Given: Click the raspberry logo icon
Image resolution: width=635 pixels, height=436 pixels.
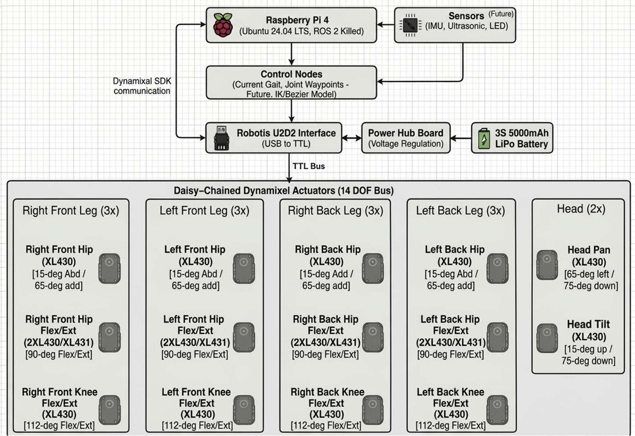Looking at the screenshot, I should (223, 25).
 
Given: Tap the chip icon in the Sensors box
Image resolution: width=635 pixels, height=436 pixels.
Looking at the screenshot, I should (410, 25).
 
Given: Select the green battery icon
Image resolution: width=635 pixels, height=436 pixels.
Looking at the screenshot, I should (484, 138).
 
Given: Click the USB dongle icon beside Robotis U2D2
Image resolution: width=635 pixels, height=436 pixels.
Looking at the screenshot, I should (221, 138).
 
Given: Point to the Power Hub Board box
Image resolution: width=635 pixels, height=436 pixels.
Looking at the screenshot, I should (406, 138).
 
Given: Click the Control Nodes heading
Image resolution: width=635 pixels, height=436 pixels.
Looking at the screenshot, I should (291, 74).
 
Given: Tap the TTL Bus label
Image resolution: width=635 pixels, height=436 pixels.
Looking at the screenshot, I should (309, 166).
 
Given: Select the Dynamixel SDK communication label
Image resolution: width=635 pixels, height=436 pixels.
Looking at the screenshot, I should (142, 86).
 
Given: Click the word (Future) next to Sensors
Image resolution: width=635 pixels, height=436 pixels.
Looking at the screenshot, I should (501, 14).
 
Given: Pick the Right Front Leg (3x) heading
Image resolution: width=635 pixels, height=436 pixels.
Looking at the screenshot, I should (71, 211).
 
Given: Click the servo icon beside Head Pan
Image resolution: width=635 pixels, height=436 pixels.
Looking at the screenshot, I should (547, 265).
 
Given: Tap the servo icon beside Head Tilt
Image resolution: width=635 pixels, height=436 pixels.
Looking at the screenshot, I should (547, 338).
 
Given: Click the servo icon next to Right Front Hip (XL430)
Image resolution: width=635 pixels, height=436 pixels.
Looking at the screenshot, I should (109, 268).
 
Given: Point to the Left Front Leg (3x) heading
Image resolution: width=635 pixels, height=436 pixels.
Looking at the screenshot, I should (204, 211).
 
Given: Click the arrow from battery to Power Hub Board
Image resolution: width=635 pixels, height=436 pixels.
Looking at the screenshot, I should (461, 138).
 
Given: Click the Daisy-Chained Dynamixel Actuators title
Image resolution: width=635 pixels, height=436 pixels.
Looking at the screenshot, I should (284, 191).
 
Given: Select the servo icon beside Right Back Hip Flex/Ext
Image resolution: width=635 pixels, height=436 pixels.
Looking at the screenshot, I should (373, 338).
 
